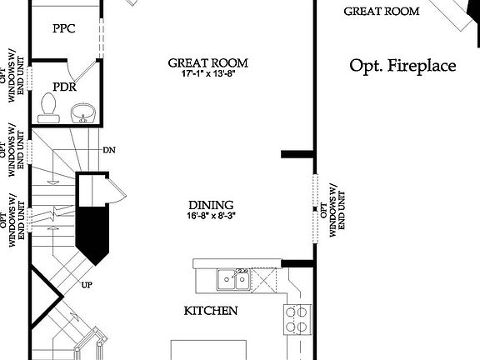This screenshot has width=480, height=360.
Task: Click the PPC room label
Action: tap(63, 28)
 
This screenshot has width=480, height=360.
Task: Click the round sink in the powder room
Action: tap(82, 112)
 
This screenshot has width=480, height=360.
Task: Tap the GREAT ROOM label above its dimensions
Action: tap(208, 62)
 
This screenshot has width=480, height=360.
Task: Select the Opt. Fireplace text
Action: tap(402, 66)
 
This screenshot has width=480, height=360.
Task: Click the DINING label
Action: tap(210, 204)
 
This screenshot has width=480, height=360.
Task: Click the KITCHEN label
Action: tap(211, 311)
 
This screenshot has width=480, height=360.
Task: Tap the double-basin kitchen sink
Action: tap(232, 279)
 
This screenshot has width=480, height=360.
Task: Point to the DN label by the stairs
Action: tap(108, 150)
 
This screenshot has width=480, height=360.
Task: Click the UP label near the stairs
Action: tap(86, 284)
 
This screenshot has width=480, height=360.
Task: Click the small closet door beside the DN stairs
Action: tap(117, 191)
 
